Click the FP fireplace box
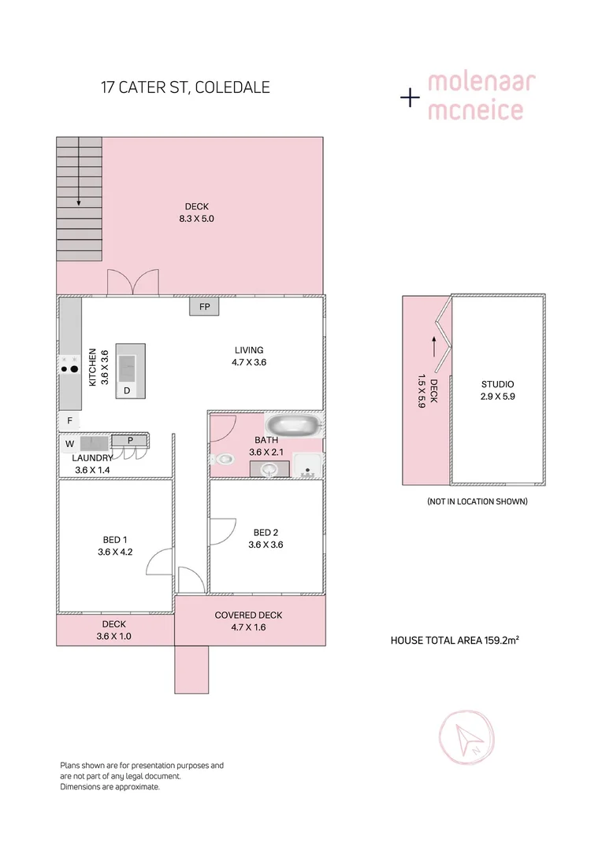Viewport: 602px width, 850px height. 204,306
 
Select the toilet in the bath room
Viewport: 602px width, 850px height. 223,458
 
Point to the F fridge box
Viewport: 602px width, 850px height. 69,421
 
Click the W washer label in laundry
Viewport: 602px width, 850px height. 69,444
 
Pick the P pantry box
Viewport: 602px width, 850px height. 130,440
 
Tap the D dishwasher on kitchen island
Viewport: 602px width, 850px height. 127,390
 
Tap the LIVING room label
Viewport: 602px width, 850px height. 248,350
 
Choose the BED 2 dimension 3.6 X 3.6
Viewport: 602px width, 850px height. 266,544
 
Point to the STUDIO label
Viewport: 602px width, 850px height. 497,385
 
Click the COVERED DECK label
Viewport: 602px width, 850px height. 248,615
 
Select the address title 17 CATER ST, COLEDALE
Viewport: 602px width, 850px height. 185,87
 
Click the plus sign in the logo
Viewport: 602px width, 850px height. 410,98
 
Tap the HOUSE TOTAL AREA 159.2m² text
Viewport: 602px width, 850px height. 454,641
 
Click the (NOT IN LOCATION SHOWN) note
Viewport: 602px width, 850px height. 477,501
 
